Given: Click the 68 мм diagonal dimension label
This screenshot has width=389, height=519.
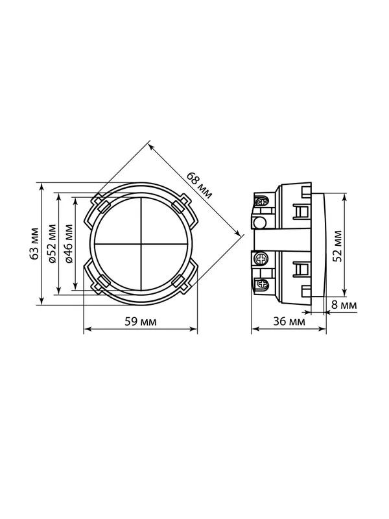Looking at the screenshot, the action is [x=200, y=185].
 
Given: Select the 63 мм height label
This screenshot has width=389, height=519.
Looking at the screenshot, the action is [x=35, y=243].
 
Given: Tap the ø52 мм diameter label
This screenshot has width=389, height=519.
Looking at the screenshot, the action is [x=53, y=243].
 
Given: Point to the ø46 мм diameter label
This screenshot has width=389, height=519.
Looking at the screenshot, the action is [x=69, y=243].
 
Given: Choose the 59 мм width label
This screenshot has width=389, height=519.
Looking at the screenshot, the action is [x=140, y=321].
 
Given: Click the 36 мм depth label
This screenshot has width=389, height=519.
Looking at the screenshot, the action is [x=289, y=321].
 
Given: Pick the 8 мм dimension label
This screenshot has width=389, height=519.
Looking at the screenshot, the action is [x=344, y=305].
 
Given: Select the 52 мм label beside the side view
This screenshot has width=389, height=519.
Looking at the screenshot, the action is [x=337, y=246].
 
